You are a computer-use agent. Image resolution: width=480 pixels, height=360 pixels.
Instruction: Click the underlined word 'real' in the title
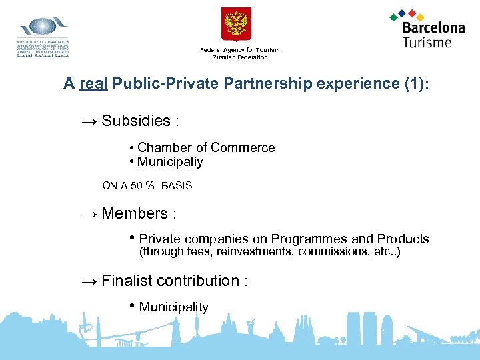click(x=94, y=84)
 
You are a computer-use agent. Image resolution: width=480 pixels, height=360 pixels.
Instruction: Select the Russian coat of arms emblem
click(x=236, y=25)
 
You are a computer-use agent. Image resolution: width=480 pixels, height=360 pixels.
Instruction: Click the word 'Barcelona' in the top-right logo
click(x=433, y=28)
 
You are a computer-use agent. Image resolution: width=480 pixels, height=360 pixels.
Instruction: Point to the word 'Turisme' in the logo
click(x=427, y=42)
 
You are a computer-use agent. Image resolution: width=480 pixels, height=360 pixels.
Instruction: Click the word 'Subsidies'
click(x=136, y=121)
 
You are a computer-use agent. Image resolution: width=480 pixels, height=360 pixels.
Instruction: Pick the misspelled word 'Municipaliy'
click(x=170, y=162)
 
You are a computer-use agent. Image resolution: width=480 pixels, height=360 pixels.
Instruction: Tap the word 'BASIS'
click(x=177, y=186)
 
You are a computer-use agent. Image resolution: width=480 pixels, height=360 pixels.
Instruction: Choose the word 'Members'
click(x=135, y=214)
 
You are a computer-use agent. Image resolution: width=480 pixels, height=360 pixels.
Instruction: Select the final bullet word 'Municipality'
click(x=173, y=307)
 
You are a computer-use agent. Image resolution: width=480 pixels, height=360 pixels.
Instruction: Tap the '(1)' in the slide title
click(x=414, y=84)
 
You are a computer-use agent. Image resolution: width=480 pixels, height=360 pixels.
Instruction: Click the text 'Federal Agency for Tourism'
click(x=239, y=50)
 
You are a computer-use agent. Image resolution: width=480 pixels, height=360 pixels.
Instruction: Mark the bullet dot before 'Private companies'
click(x=133, y=238)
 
